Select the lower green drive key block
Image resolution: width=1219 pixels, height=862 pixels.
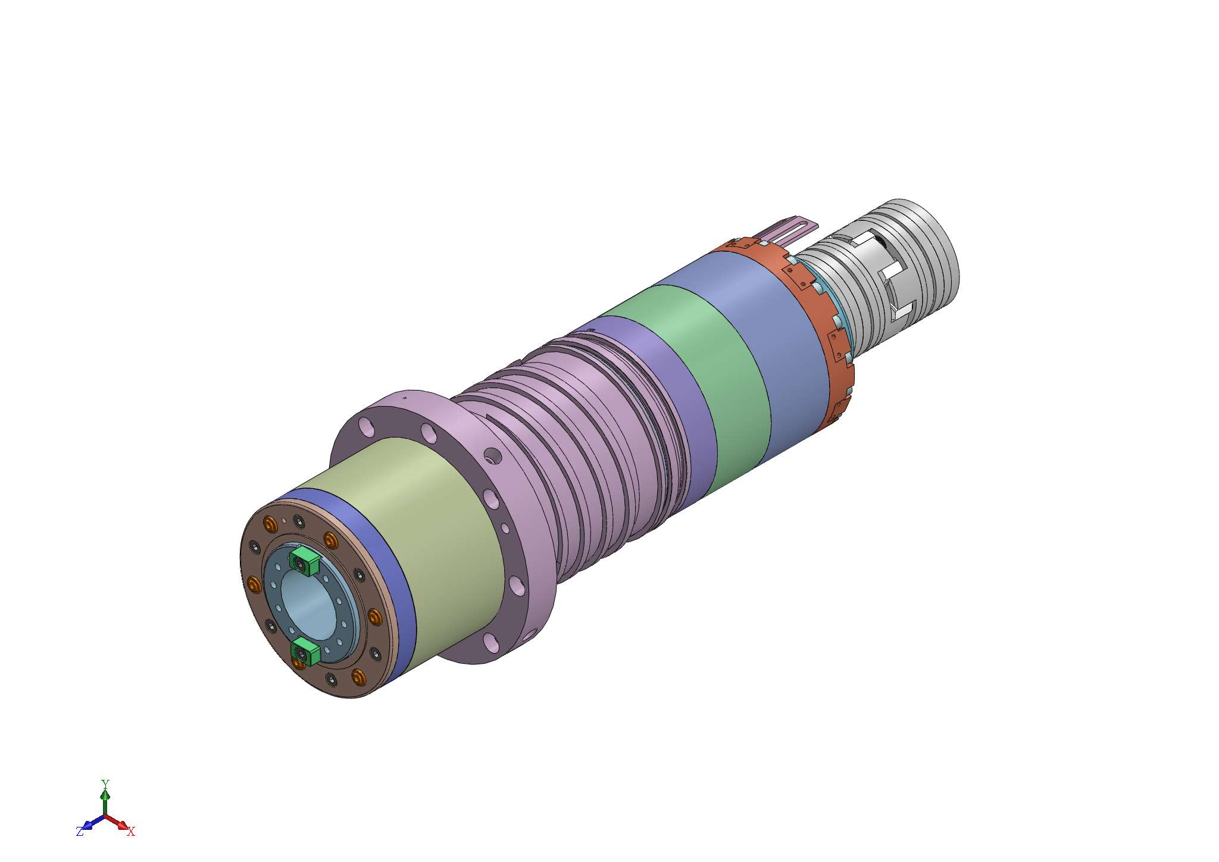tap(306, 652)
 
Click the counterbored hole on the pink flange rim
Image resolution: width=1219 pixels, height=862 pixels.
tap(492, 457)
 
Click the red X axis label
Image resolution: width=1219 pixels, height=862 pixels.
tap(132, 832)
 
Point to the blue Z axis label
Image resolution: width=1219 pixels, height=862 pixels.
tap(79, 832)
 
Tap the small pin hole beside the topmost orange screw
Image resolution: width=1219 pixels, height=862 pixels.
tap(285, 520)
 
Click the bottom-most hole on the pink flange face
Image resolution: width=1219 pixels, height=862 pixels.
tap(490, 642)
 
